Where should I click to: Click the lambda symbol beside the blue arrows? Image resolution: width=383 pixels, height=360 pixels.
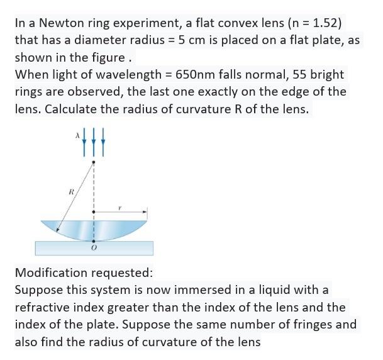(76, 135)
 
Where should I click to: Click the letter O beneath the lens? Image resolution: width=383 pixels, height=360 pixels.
(94, 249)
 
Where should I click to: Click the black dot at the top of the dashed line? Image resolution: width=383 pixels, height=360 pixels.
(94, 162)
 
